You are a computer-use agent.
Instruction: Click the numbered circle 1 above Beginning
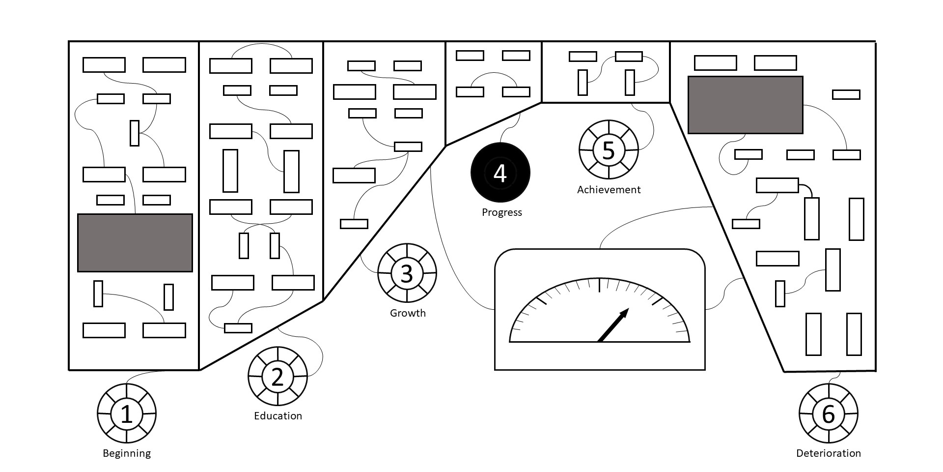(127, 413)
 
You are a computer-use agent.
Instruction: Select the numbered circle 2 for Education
(277, 377)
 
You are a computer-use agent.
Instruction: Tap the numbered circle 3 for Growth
(407, 273)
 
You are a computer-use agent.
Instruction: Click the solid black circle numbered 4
(500, 173)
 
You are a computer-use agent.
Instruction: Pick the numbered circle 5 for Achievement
(609, 149)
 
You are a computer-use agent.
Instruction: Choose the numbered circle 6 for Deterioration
(828, 413)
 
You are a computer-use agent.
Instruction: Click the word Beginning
(127, 453)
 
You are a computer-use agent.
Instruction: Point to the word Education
(278, 416)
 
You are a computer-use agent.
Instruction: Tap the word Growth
(408, 313)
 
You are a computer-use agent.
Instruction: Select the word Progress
(501, 212)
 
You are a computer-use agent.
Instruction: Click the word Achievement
(609, 190)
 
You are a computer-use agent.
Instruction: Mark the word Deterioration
(828, 453)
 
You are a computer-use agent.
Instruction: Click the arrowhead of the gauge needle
(625, 313)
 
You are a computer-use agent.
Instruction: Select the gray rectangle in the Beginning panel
(135, 242)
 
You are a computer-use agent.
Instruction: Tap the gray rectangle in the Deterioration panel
(745, 105)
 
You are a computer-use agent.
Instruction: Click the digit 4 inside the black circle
(500, 173)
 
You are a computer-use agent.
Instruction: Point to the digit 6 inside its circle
(828, 414)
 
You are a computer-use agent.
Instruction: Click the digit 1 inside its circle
(127, 414)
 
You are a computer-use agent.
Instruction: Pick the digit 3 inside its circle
(407, 274)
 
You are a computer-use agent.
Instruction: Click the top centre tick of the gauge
(599, 285)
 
